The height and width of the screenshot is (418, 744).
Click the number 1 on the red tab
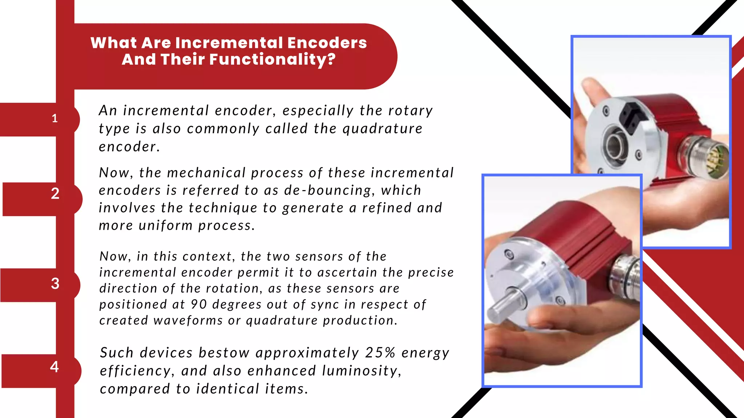[x=55, y=118]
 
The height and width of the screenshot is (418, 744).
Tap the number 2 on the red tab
[x=55, y=194]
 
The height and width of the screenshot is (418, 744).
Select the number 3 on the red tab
[x=55, y=283]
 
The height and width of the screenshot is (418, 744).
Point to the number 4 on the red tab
[x=54, y=367]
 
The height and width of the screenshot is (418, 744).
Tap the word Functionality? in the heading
[x=272, y=60]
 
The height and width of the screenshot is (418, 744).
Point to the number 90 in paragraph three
[x=199, y=304]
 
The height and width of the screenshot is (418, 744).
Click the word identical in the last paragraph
[x=227, y=389]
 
